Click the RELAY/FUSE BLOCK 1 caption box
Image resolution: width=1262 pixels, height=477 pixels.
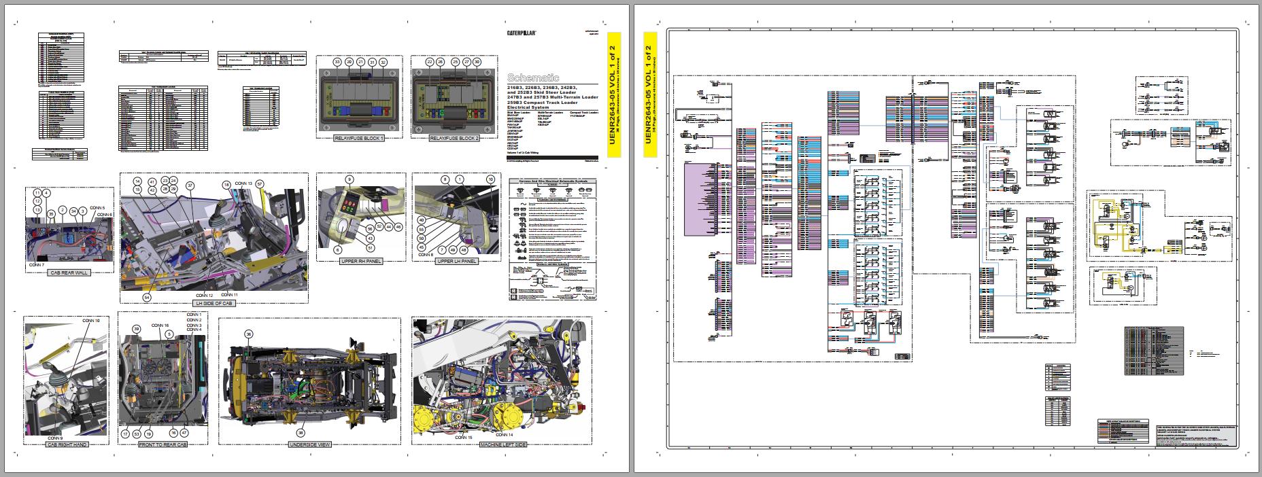[x=359, y=139]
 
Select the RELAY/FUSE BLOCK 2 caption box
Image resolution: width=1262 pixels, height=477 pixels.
[x=454, y=139]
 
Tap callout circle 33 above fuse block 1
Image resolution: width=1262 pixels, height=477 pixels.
[x=337, y=62]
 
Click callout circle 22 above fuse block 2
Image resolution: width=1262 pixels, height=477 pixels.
[x=430, y=62]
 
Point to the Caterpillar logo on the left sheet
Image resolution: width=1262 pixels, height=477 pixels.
[x=522, y=33]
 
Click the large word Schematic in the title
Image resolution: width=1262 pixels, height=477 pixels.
[x=534, y=78]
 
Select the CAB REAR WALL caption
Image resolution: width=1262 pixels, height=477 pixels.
[x=69, y=272]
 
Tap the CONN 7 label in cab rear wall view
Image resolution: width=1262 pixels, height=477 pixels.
[x=37, y=264]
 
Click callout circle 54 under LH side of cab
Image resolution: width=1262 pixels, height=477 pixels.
[x=146, y=297]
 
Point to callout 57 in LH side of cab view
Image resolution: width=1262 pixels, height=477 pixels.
[x=259, y=184]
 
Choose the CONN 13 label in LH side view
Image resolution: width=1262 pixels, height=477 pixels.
[x=243, y=184]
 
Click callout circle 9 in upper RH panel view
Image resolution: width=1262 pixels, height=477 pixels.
[x=349, y=180]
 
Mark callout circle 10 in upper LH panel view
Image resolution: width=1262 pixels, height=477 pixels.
[x=490, y=179]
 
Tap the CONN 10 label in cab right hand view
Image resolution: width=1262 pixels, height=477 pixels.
[x=91, y=320]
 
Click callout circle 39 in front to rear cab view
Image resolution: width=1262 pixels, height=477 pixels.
[x=136, y=329]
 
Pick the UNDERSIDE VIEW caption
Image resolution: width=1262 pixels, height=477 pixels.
[x=309, y=444]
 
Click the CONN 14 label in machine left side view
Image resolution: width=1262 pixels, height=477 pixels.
[x=505, y=434]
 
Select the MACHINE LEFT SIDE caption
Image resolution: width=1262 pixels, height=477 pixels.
[x=502, y=444]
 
